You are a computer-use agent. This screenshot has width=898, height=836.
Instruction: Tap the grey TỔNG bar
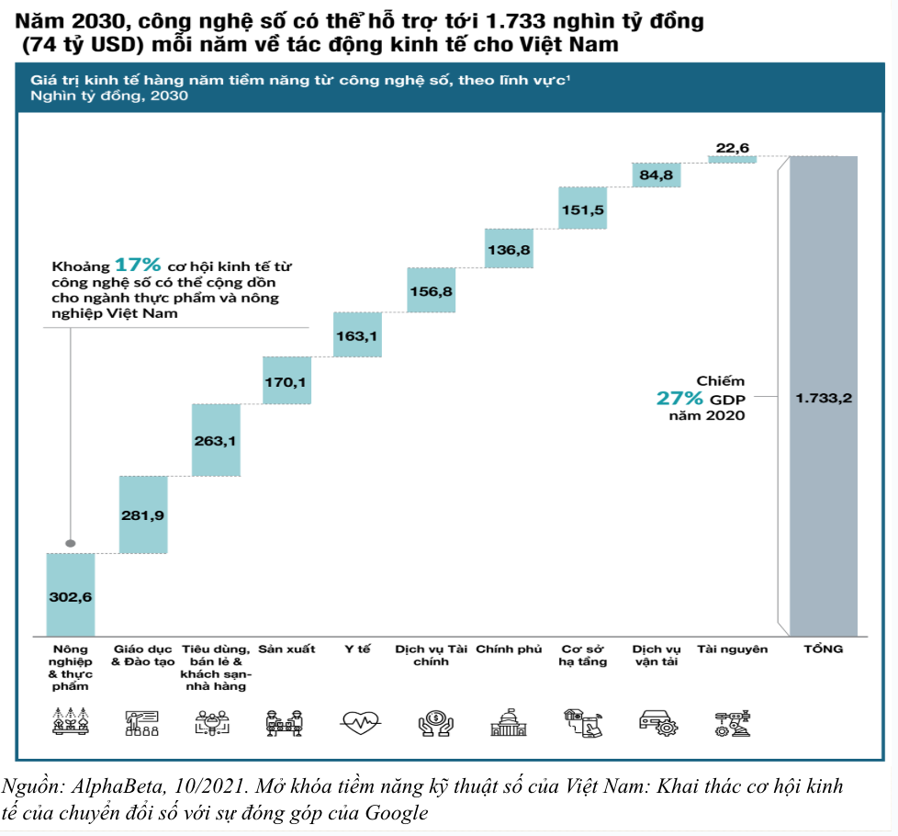[x=823, y=395]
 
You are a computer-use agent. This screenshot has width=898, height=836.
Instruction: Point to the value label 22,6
[x=732, y=147]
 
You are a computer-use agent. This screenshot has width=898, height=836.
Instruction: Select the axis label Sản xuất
[x=286, y=650]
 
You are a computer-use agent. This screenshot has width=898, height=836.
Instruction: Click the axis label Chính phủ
[x=509, y=650]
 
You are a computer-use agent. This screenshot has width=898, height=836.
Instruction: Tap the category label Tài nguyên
[x=732, y=650]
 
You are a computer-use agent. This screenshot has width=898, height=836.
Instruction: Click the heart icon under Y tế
[x=358, y=723]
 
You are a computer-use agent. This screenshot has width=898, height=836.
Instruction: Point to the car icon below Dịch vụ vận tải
[x=657, y=723]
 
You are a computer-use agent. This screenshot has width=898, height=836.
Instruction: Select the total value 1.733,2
[x=823, y=398]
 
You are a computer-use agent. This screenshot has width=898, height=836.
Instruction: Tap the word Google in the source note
[x=397, y=812]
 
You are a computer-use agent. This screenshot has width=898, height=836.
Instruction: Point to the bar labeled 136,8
[x=509, y=249]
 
